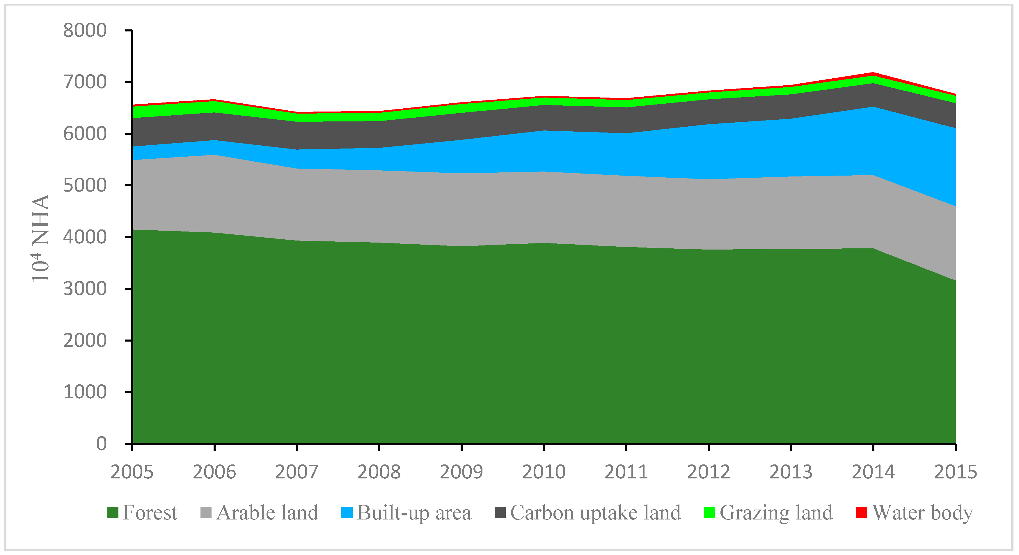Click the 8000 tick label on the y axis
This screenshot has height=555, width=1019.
pos(85,31)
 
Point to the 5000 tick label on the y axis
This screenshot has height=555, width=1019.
pos(85,185)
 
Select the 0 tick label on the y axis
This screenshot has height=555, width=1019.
pos(101,444)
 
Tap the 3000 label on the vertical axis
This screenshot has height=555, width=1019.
pos(85,289)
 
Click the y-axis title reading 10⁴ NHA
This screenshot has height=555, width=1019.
pos(40,238)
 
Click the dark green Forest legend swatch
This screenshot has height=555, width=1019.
pos(113,513)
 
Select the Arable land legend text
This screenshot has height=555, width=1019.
pos(267,513)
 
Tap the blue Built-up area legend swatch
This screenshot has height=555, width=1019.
pos(347,513)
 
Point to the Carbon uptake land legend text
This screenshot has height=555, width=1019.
pos(595,513)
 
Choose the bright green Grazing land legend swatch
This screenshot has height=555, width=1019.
pos(710,513)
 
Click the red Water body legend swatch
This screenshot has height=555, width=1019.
pos(861,513)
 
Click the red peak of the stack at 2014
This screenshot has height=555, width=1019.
pos(873,73)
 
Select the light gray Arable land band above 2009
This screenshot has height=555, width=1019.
pos(461,210)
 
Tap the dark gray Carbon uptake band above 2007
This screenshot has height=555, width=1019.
pos(297,135)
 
